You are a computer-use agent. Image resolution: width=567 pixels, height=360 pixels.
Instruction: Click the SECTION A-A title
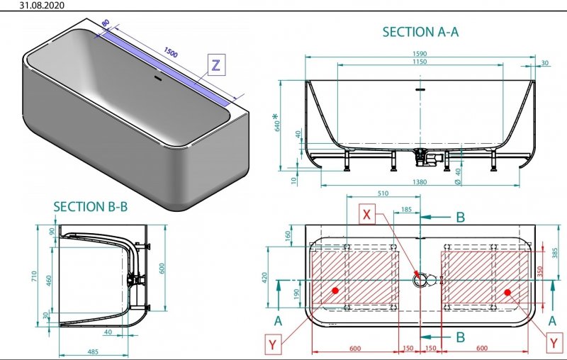tap(420, 32)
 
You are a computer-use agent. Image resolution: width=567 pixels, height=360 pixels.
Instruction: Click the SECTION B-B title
tap(91, 207)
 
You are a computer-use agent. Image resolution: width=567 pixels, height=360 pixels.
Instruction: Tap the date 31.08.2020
tap(42, 5)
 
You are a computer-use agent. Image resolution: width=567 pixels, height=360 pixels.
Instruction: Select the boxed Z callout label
tap(216, 65)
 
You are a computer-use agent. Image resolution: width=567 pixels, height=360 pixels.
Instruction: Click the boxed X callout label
tap(366, 214)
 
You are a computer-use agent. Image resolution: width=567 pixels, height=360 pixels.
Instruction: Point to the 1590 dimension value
tap(420, 53)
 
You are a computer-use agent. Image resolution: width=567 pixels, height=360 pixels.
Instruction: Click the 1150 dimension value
tap(420, 62)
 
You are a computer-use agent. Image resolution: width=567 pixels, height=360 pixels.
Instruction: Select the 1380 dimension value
tap(420, 182)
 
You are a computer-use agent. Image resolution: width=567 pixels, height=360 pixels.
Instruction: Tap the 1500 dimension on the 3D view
tap(171, 52)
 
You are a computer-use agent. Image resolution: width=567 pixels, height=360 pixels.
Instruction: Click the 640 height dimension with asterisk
tap(276, 123)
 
